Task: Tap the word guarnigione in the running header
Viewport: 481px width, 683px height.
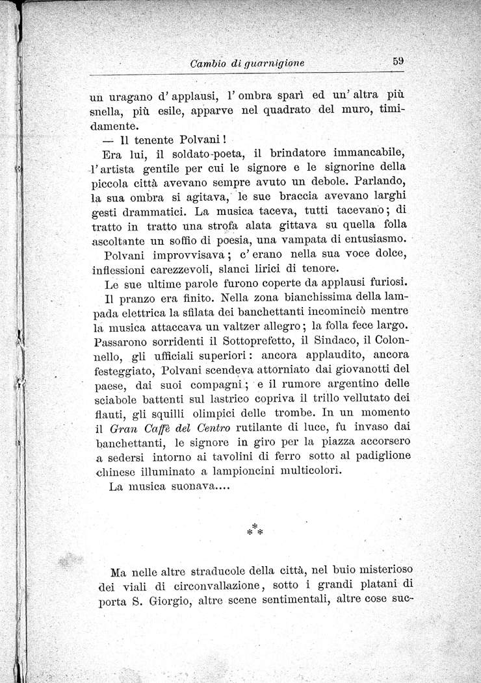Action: (274, 63)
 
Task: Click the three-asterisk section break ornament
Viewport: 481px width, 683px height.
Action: (253, 527)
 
